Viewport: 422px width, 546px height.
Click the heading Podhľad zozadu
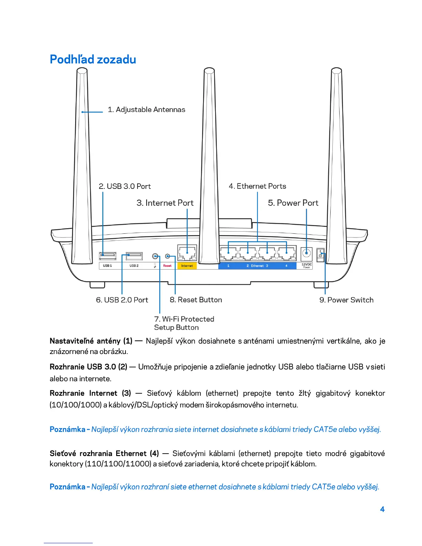pos(93,59)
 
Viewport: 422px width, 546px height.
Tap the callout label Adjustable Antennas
pos(147,110)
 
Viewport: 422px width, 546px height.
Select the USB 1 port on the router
pos(108,255)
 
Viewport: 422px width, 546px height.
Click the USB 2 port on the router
pos(134,255)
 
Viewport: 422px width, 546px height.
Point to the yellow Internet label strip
pos(187,266)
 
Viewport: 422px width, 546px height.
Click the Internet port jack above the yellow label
pos(187,254)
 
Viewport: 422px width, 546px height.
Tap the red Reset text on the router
pos(167,266)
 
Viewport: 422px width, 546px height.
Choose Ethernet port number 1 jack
pos(229,254)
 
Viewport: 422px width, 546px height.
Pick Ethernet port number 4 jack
pos(287,254)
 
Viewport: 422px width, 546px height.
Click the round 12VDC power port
pos(306,254)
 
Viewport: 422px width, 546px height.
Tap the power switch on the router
pos(321,255)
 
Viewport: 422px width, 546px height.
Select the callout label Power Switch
pos(346,300)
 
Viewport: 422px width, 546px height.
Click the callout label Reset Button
pos(196,300)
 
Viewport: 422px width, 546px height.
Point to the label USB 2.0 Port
pos(122,300)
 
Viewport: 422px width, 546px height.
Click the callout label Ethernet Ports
pos(258,186)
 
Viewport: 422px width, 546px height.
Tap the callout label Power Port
pos(293,203)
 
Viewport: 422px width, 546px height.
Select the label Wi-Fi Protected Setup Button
pos(184,323)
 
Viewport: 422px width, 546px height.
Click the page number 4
pos(382,509)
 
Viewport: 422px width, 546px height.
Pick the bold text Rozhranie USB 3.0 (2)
pos(88,367)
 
